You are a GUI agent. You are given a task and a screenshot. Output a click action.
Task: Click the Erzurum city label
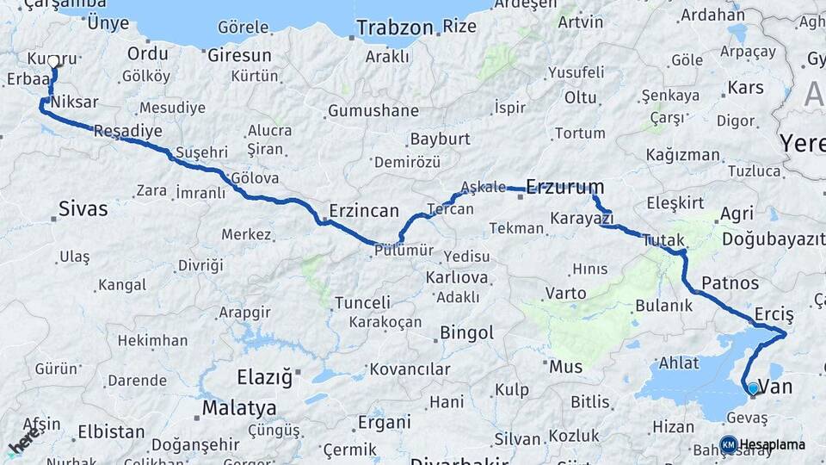point(564,186)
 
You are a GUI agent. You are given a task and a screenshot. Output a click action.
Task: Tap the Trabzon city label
point(395,28)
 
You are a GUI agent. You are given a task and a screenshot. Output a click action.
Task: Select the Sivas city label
point(83,208)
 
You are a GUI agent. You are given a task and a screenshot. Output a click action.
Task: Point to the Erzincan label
point(364,210)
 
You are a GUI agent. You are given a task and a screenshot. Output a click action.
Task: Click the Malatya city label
point(239,407)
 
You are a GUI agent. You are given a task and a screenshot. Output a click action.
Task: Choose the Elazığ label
point(264,377)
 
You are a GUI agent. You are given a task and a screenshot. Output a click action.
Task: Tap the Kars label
point(745,88)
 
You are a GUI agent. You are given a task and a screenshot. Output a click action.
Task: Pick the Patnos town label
point(730,282)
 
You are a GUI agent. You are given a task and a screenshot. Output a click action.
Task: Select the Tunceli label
point(362,302)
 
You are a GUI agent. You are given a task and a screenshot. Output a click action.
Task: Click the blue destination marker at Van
point(753,388)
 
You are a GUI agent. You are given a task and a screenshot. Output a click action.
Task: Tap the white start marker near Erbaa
point(54,62)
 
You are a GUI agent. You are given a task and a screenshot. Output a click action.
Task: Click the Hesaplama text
point(773,444)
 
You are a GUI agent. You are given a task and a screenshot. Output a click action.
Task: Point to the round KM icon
point(728,444)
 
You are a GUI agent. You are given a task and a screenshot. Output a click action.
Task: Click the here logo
point(24,442)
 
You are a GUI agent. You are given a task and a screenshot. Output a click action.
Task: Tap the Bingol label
point(466,332)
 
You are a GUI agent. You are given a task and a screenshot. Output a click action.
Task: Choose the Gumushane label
point(373,111)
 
